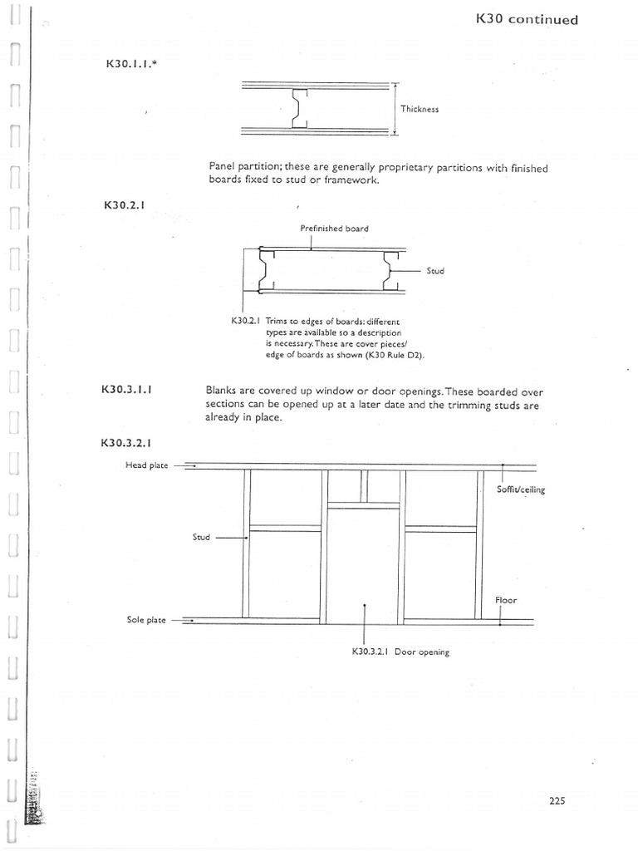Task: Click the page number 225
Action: point(557,801)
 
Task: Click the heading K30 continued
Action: point(528,18)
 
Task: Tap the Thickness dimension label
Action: point(420,109)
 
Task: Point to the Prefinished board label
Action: point(334,228)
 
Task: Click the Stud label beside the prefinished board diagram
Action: point(435,271)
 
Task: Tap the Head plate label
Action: point(146,465)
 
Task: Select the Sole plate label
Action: point(146,620)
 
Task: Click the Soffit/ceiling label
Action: point(520,489)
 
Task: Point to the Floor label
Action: point(506,599)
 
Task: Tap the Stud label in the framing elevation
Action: point(201,537)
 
